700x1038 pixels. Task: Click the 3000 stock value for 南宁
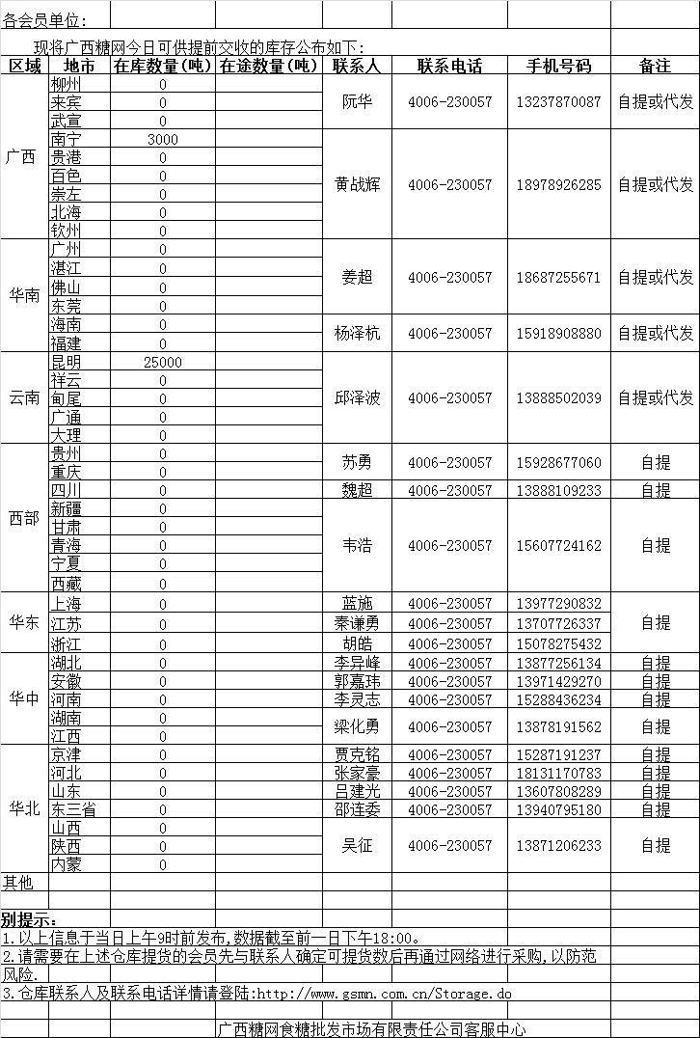[163, 139]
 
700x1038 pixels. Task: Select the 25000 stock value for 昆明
[162, 362]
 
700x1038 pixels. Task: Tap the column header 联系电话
[449, 66]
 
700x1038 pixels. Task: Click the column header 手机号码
[558, 66]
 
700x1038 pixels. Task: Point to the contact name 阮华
[357, 102]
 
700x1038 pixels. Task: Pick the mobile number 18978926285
[558, 184]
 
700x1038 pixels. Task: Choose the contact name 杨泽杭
[357, 333]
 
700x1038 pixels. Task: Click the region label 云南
[24, 397]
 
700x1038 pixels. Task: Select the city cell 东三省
[73, 809]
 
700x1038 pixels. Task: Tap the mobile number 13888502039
[558, 397]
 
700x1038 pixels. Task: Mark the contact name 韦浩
[357, 546]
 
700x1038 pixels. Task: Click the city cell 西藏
[67, 583]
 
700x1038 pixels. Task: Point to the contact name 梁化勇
[357, 726]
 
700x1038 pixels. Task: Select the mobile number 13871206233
[558, 845]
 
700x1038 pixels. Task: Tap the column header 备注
[655, 66]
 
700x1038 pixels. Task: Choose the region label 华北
[24, 808]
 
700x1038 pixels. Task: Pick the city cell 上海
[67, 604]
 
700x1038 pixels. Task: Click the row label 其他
[17, 882]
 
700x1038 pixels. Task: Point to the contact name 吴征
[357, 845]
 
